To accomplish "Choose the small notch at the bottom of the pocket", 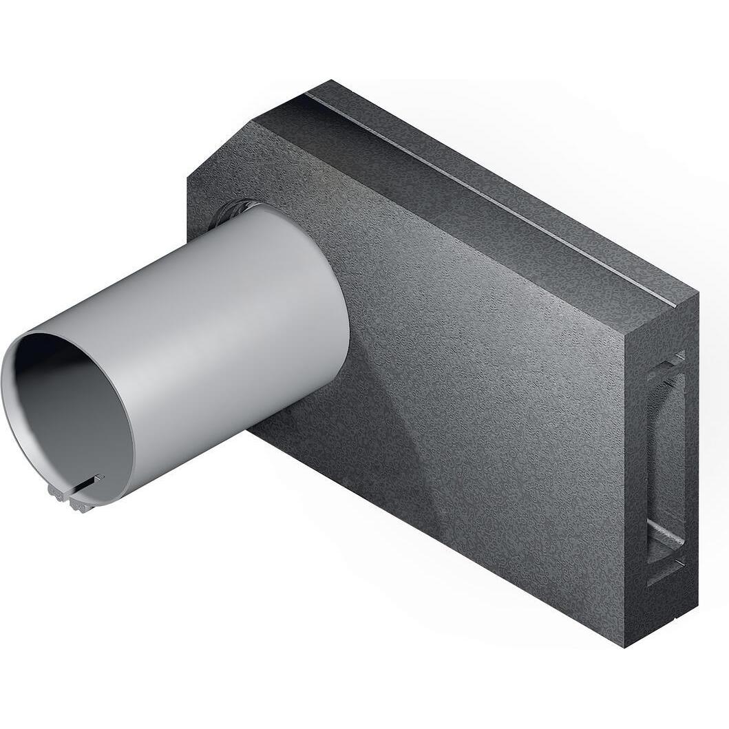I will (x=671, y=569).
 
